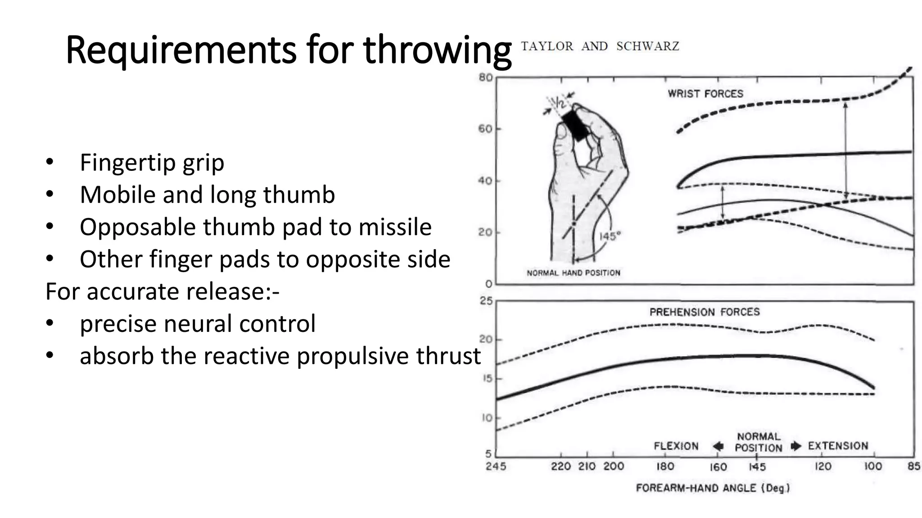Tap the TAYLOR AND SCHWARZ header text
tap(600, 46)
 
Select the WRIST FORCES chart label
tap(705, 94)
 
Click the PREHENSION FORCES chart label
tap(704, 312)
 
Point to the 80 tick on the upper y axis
tap(485, 77)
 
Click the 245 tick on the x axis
tap(496, 466)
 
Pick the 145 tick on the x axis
tap(757, 467)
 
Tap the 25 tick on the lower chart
tap(486, 300)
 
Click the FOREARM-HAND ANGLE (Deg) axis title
tap(713, 488)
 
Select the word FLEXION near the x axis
tap(676, 446)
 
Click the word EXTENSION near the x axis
tap(837, 446)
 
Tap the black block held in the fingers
tap(575, 125)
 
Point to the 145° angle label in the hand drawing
tap(609, 236)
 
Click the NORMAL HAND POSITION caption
tap(573, 272)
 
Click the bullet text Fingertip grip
tap(152, 163)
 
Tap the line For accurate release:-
tap(163, 291)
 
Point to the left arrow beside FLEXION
tap(718, 446)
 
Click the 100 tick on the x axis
tap(872, 466)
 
